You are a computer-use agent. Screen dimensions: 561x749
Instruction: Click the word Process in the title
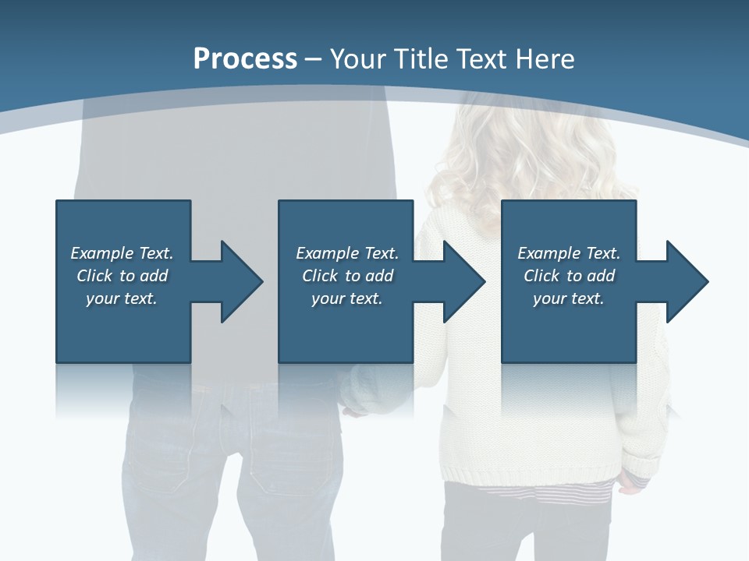[245, 59]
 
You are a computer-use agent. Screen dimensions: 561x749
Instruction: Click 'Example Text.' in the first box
[122, 253]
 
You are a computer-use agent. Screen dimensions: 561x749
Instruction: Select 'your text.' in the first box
[122, 298]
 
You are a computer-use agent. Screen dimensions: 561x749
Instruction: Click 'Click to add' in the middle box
[347, 276]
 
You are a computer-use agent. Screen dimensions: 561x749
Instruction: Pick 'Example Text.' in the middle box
[347, 253]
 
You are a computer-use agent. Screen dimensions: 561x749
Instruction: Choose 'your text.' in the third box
[569, 298]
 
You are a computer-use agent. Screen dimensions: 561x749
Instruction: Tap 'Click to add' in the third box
[569, 276]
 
